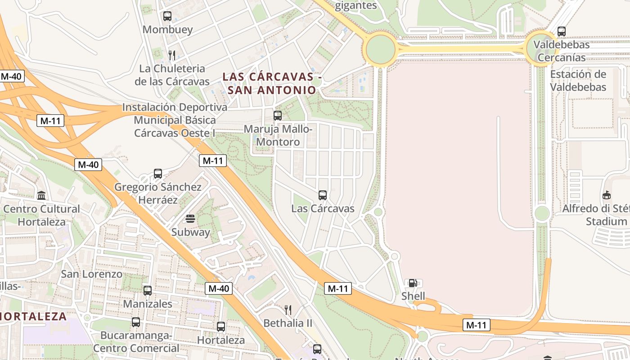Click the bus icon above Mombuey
[167, 16]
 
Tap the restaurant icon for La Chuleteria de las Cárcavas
[171, 55]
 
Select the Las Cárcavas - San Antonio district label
[269, 83]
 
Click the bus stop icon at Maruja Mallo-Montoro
[278, 116]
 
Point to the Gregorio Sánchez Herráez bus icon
[157, 174]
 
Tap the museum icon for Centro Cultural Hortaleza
[42, 195]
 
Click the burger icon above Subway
[190, 219]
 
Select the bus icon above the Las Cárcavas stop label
[323, 195]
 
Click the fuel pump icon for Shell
[413, 283]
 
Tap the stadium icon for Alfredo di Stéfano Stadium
[607, 195]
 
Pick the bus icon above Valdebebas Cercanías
[561, 31]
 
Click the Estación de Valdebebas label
[578, 81]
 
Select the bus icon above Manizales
[148, 291]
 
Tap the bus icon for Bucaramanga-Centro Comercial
[136, 322]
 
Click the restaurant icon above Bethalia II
[288, 310]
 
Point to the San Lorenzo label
[91, 274]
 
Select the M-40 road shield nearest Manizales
[219, 288]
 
